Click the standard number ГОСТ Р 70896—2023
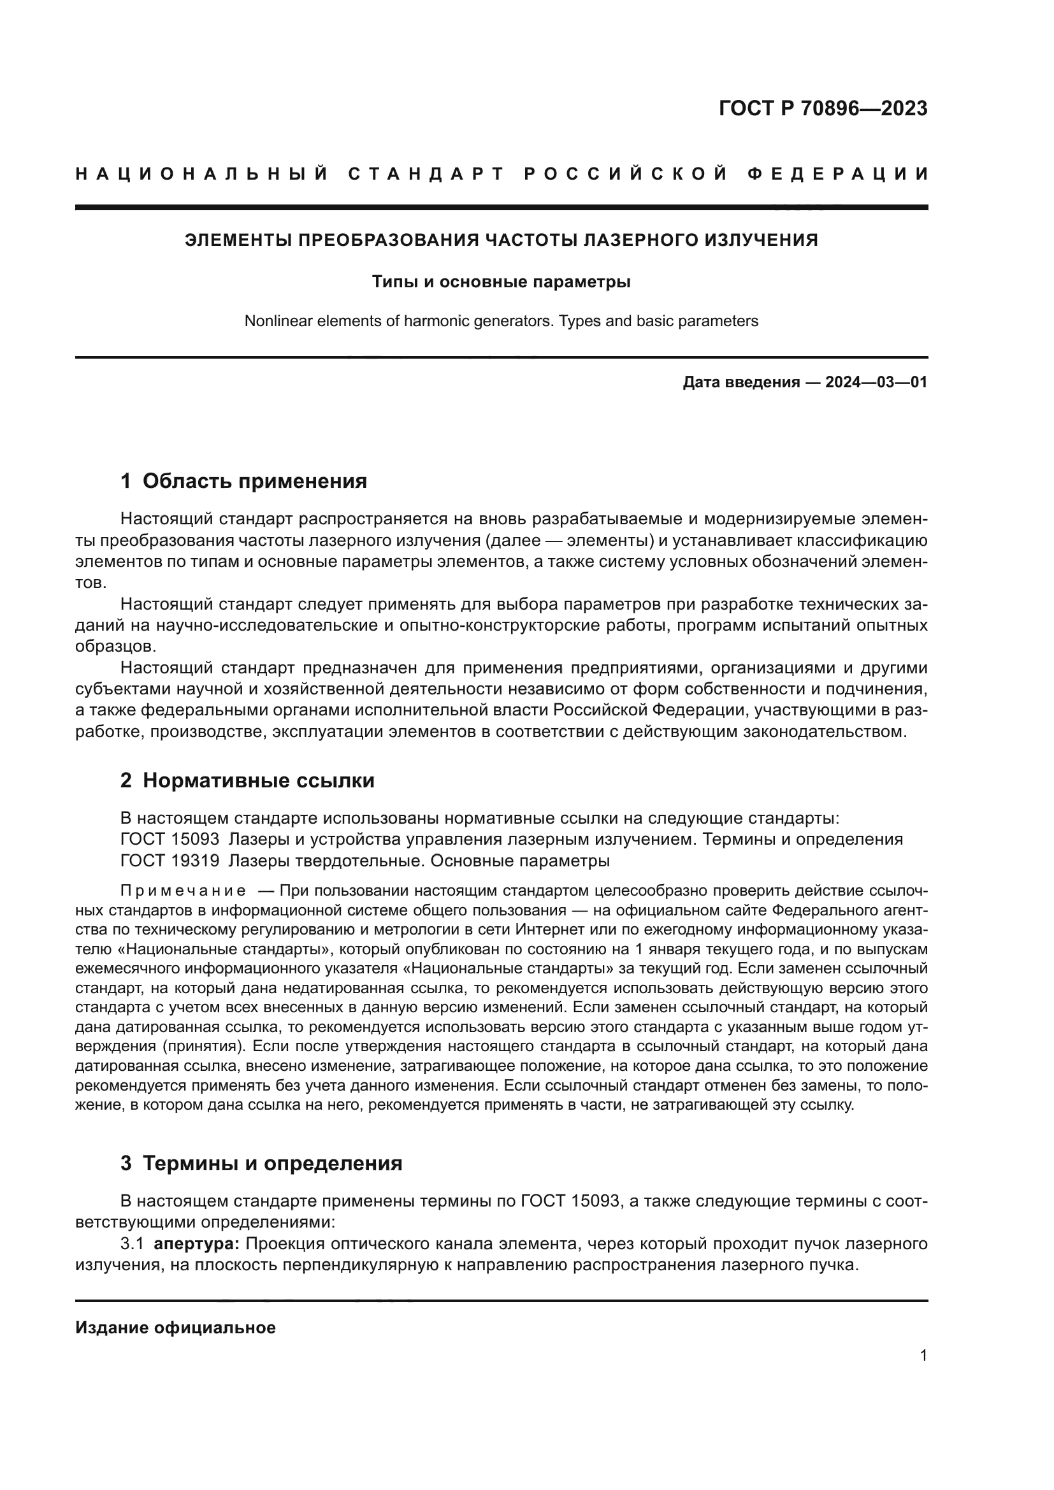click(x=822, y=109)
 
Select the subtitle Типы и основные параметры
click(x=501, y=282)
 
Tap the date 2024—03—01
click(x=876, y=382)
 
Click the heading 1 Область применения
click(x=243, y=482)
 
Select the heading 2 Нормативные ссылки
click(x=247, y=781)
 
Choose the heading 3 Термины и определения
click(x=261, y=1164)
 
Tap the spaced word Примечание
click(x=183, y=891)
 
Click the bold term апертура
click(x=197, y=1244)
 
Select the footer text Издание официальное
click(x=175, y=1328)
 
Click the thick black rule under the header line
click(x=501, y=208)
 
